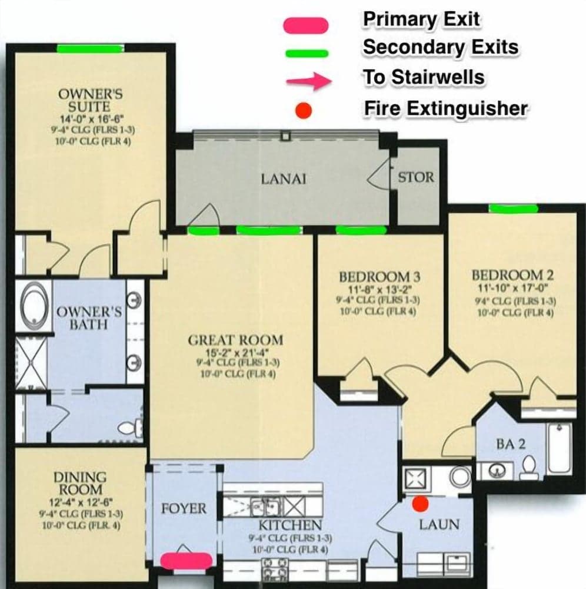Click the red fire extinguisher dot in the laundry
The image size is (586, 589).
click(419, 503)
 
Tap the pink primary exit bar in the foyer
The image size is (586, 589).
click(186, 560)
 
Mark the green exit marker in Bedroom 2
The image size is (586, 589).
click(514, 208)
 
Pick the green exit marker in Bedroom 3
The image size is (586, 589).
click(361, 230)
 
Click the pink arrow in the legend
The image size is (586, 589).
click(308, 81)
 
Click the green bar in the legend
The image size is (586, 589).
click(306, 53)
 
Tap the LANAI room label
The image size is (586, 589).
click(284, 179)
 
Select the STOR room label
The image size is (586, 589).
click(416, 177)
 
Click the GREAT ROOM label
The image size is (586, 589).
click(235, 340)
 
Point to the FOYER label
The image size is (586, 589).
click(184, 508)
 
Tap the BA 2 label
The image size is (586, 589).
click(511, 445)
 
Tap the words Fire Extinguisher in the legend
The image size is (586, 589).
click(445, 108)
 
